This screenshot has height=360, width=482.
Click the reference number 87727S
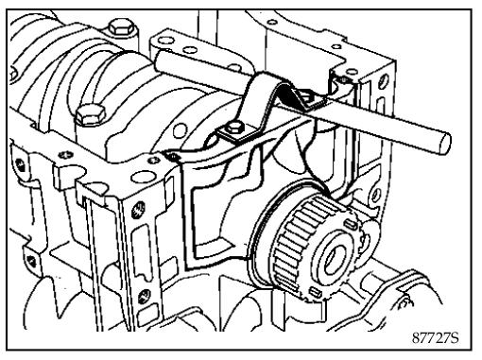436,338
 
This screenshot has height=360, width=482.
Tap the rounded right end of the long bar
444,144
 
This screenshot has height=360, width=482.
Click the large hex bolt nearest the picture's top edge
122,26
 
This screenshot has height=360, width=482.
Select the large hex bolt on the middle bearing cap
90,115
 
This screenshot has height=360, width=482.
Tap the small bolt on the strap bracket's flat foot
234,128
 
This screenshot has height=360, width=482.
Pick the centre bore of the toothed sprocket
334,259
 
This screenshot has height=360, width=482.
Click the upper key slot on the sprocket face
351,224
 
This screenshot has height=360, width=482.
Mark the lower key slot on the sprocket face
316,292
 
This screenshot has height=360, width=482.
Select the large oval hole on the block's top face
144,177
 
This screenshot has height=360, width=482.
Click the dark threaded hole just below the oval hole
138,210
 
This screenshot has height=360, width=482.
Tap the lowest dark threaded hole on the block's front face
145,296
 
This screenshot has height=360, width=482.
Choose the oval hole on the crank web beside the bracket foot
180,130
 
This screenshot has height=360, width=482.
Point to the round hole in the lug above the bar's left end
166,41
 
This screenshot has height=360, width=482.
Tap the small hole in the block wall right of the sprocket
375,195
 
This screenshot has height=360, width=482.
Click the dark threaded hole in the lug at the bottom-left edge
31,261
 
